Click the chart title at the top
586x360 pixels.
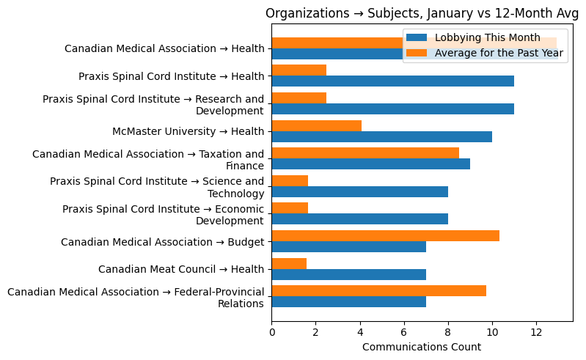422,13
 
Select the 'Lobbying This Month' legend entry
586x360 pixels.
487,38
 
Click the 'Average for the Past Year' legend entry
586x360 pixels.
499,53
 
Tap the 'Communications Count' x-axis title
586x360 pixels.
422,347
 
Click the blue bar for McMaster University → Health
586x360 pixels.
381,137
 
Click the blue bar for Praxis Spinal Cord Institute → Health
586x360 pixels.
392,81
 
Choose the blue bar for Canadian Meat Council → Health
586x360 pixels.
348,274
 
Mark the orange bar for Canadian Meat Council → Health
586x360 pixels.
289,263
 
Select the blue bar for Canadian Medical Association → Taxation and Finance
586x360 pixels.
370,164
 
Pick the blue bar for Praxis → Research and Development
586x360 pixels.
392,109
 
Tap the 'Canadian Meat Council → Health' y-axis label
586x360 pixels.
181,270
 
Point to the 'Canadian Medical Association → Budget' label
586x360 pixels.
162,242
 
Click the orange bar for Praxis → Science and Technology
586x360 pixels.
290,181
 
